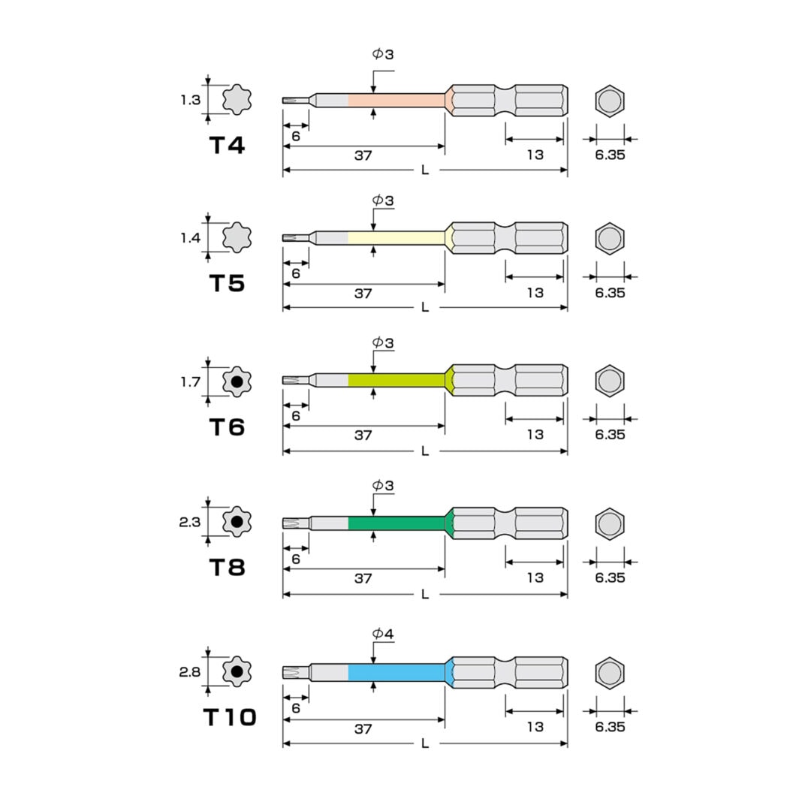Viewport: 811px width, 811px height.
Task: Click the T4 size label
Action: (x=227, y=146)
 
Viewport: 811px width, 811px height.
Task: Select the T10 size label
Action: (x=230, y=717)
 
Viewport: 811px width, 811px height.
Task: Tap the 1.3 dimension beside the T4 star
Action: (x=190, y=100)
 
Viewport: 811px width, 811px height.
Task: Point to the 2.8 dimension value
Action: (x=189, y=672)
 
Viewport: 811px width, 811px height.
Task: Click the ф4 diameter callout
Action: (x=383, y=634)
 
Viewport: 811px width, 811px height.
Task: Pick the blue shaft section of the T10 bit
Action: (x=397, y=672)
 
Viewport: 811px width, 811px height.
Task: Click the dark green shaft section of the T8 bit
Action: (x=397, y=523)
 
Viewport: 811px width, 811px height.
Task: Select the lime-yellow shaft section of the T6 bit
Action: (x=397, y=381)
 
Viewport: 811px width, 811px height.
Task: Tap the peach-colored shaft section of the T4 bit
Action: (x=397, y=101)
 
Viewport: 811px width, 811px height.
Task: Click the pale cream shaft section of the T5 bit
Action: (x=397, y=238)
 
